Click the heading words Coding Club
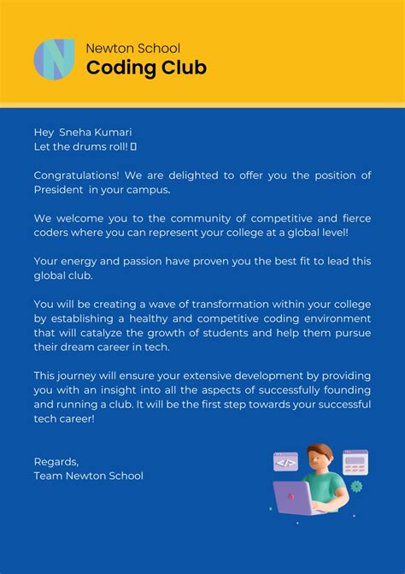click(x=146, y=68)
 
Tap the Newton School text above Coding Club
click(x=132, y=48)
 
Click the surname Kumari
click(x=113, y=132)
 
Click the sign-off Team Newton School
click(x=88, y=476)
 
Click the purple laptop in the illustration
click(x=295, y=497)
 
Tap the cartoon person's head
click(x=319, y=459)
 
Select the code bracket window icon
click(x=285, y=462)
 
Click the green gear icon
click(x=356, y=486)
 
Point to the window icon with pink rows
click(x=355, y=462)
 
